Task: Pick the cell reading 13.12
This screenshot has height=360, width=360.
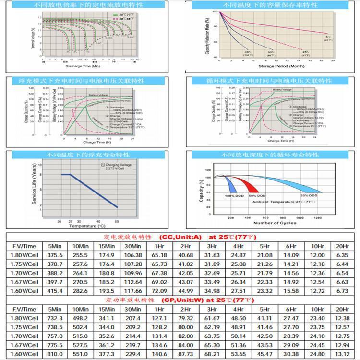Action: coord(342,354)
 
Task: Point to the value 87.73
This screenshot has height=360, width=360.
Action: coord(186,354)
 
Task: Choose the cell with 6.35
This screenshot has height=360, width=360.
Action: coord(342,255)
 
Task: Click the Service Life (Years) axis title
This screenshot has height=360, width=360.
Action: coord(34,185)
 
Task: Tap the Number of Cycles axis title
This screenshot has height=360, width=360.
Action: coord(275,223)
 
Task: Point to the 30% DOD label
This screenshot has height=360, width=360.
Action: coord(309,196)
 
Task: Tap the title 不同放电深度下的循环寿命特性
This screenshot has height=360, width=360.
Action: coord(269,155)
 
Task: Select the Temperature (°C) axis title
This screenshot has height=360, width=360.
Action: coord(87,225)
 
